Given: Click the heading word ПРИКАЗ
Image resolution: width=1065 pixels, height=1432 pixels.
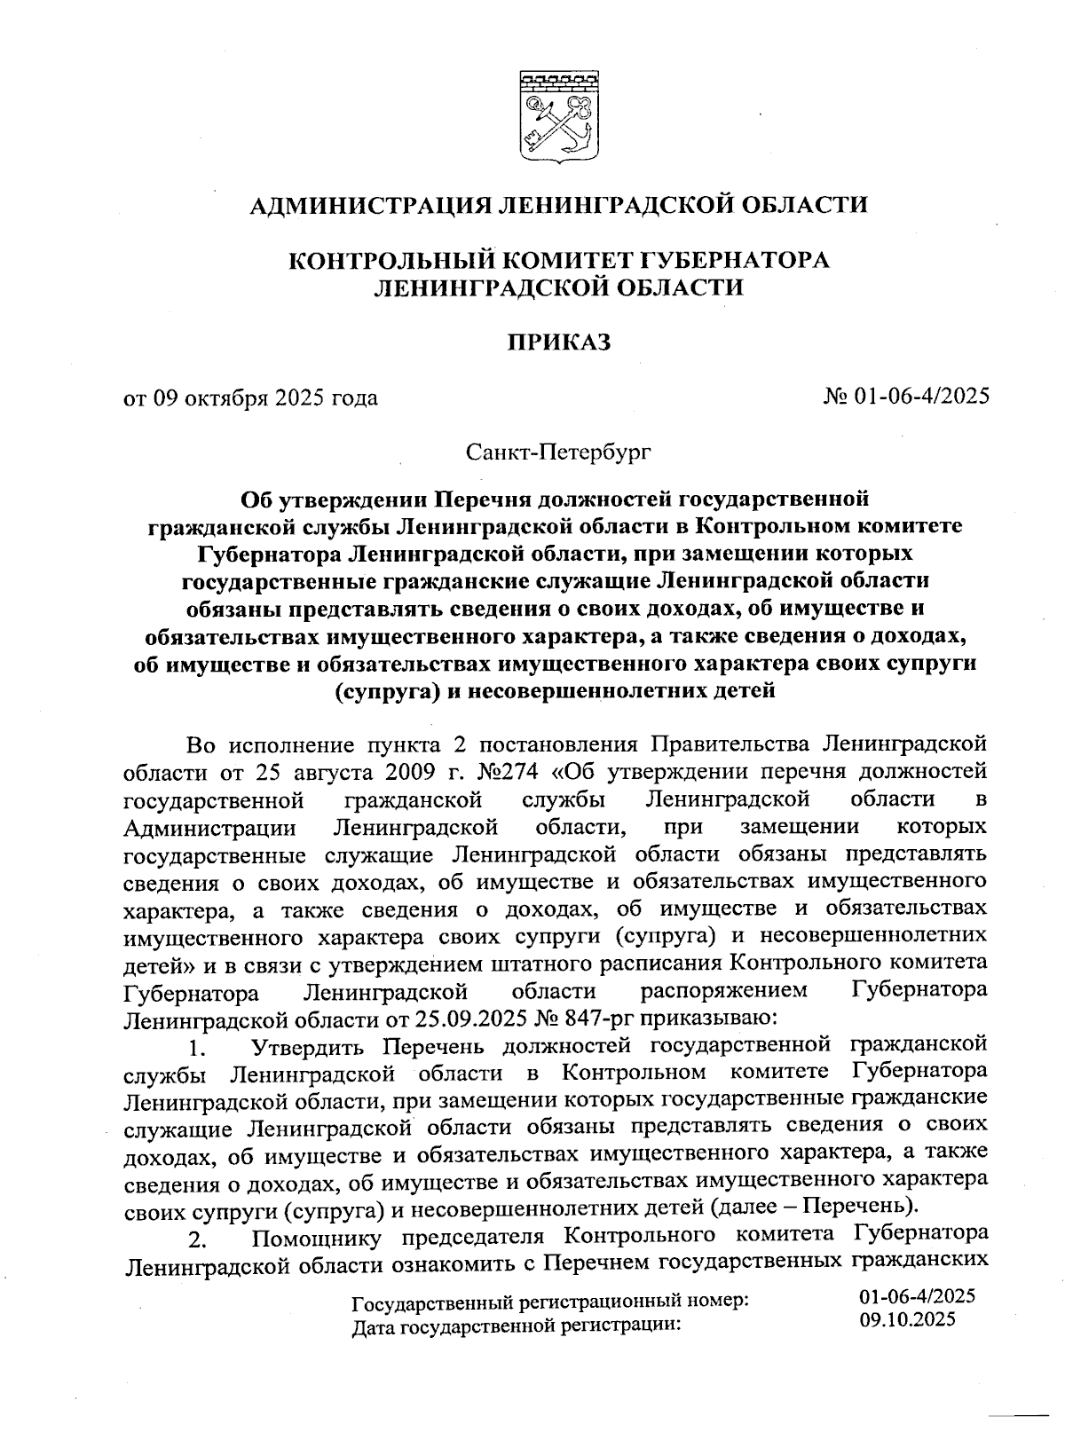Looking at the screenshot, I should (x=559, y=342).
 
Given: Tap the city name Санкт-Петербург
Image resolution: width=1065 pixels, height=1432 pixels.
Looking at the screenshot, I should (x=559, y=453).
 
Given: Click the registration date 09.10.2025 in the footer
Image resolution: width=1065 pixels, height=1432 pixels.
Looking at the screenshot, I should (x=907, y=1319).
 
